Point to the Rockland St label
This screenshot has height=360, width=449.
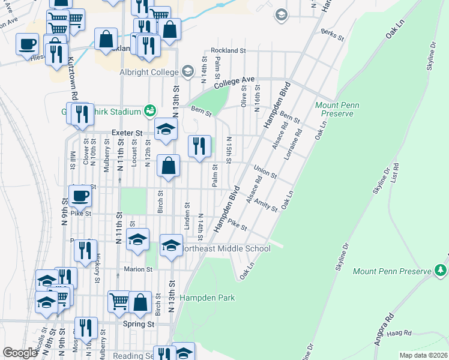click(227, 51)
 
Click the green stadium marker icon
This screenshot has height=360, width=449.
click(149, 110)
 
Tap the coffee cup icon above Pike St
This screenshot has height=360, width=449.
click(80, 196)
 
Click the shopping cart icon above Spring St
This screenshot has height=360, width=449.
click(119, 302)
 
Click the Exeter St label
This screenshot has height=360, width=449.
click(127, 133)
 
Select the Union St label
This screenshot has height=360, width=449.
click(264, 172)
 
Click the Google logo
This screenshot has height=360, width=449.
click(20, 352)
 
